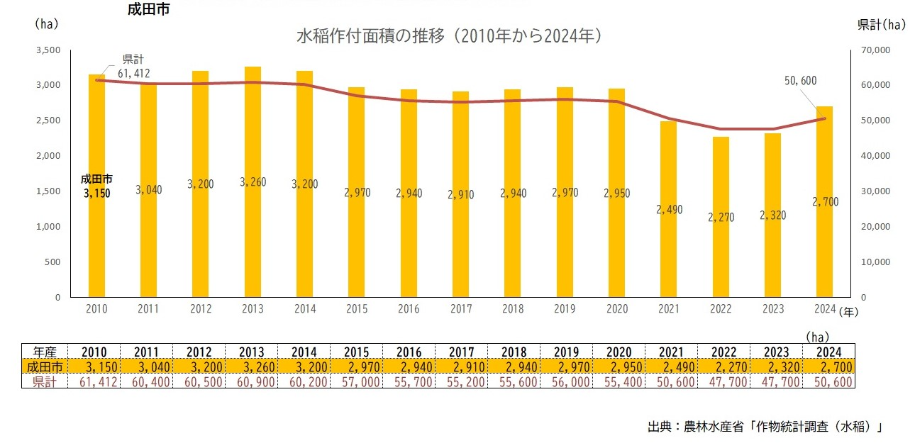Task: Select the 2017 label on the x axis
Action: (x=461, y=310)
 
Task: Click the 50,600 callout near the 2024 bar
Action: (x=801, y=82)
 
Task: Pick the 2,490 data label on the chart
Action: (x=668, y=209)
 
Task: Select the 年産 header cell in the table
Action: (x=44, y=352)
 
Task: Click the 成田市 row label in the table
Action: (x=44, y=366)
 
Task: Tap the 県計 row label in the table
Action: (x=44, y=381)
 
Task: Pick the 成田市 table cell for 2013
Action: (x=253, y=366)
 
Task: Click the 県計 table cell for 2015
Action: (x=356, y=381)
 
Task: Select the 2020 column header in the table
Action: (x=619, y=352)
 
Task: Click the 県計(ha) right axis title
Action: (x=882, y=25)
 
